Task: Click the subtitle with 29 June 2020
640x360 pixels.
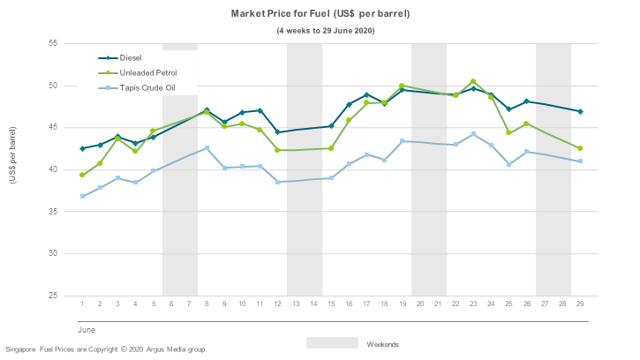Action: tap(320, 31)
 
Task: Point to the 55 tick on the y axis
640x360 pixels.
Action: tap(52, 43)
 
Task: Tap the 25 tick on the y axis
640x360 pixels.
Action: tap(52, 296)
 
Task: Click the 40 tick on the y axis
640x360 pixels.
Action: tap(52, 169)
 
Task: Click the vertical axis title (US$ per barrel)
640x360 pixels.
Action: tap(12, 156)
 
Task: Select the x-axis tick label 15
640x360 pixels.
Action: tap(331, 304)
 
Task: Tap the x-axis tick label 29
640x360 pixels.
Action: tap(580, 304)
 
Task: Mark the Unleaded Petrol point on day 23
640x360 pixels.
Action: tap(473, 82)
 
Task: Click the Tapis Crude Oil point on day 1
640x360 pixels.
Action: tap(82, 196)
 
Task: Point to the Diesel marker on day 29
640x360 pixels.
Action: tap(580, 111)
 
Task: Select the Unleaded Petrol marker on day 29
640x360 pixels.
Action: tap(580, 148)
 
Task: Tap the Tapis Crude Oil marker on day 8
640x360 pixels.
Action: tap(207, 148)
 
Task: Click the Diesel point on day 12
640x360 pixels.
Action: tap(277, 132)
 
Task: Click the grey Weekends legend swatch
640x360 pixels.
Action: tap(333, 343)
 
